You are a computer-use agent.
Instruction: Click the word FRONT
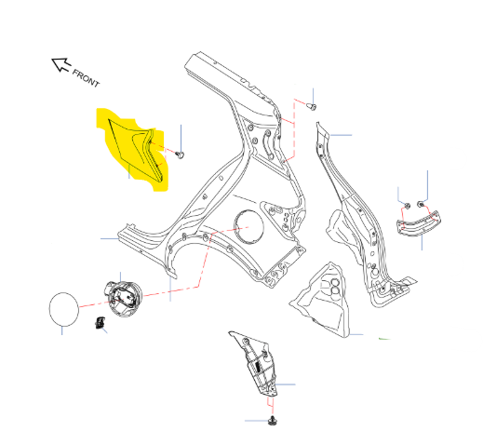tap(86, 78)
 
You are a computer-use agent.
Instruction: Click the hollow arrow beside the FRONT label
tap(60, 64)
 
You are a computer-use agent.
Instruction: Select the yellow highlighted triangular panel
tap(133, 149)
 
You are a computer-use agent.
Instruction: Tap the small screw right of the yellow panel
tap(180, 155)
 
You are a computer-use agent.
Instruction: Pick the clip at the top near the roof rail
tap(312, 107)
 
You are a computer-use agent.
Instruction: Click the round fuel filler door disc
tap(64, 309)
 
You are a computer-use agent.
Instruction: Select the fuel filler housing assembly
tap(124, 299)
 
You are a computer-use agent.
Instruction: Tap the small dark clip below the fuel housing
tap(100, 323)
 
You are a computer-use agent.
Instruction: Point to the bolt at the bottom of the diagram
tap(273, 421)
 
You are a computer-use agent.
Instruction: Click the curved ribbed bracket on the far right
tap(419, 223)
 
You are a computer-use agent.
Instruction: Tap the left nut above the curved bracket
tap(408, 205)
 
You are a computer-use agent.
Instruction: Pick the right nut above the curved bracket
tap(421, 204)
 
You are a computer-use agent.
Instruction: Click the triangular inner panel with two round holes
tap(323, 301)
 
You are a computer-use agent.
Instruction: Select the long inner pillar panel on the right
tap(366, 217)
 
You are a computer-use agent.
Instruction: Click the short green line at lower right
tap(384, 339)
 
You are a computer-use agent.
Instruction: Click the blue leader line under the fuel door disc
tap(62, 330)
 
